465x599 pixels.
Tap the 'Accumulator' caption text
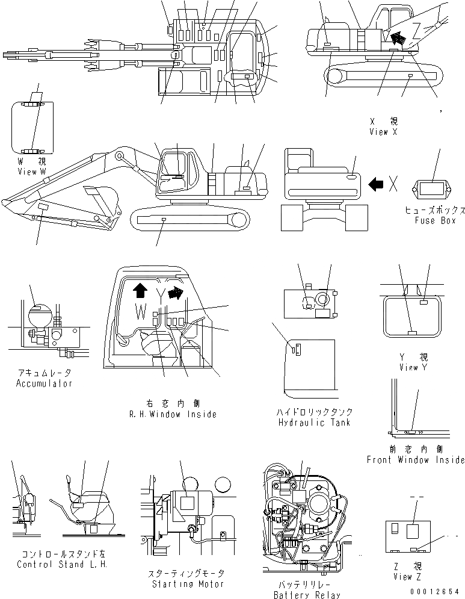tap(44, 383)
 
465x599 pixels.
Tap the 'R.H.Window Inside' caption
tap(172, 414)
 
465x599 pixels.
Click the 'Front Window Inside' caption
tap(416, 460)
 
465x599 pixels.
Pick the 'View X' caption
tap(383, 132)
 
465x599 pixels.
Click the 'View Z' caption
tap(412, 577)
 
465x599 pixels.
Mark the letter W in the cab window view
tap(140, 312)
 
